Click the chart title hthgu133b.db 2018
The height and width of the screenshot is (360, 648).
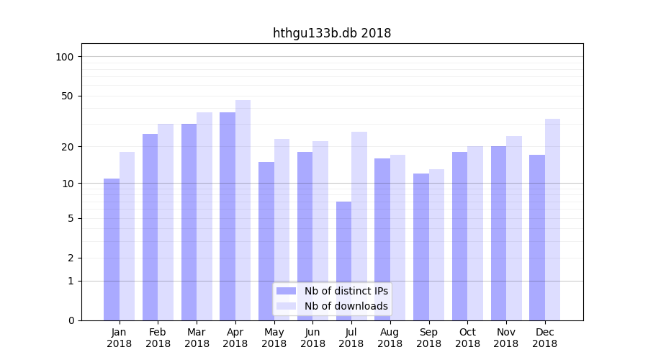pos(332,33)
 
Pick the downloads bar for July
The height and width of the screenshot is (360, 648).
pos(359,226)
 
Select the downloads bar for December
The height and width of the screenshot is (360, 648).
pos(553,220)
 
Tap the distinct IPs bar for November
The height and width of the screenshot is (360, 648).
pos(498,233)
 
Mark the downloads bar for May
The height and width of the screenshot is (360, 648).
pos(282,230)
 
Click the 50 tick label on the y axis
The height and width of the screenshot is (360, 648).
pos(68,96)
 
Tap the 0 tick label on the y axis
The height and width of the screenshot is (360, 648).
pos(71,320)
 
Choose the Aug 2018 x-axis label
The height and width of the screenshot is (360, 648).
pos(390,338)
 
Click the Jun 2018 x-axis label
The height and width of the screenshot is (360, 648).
pos(312,338)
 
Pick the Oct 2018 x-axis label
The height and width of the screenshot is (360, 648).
pos(467,338)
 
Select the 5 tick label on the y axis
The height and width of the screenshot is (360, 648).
pos(71,218)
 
